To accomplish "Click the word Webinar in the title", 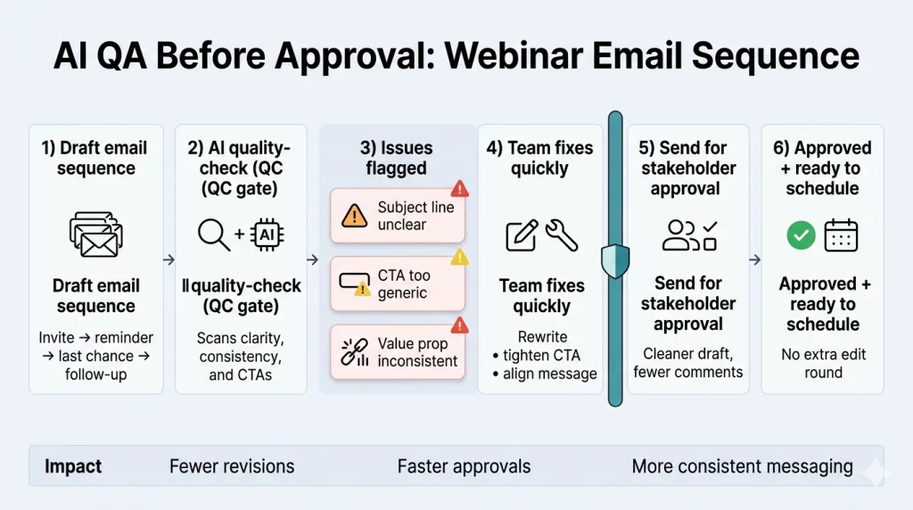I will (520, 56).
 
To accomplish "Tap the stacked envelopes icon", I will (95, 234).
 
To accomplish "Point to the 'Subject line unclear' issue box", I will (398, 215).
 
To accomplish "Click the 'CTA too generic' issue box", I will (398, 284).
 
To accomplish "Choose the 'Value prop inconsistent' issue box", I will (398, 351).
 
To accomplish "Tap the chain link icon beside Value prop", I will (355, 352).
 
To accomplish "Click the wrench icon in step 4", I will (562, 234).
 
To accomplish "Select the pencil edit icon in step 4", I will (521, 235).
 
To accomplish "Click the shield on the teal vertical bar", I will (615, 260).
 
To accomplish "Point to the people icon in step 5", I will (679, 234).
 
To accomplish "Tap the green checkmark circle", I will (801, 235).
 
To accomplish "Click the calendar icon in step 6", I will (841, 235).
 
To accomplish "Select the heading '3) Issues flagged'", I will (396, 158).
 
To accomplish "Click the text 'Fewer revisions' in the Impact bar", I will (231, 466).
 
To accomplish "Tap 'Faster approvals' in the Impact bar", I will (464, 466).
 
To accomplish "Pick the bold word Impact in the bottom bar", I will (73, 466).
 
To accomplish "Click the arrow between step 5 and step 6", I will (755, 260).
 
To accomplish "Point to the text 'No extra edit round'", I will (823, 363).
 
